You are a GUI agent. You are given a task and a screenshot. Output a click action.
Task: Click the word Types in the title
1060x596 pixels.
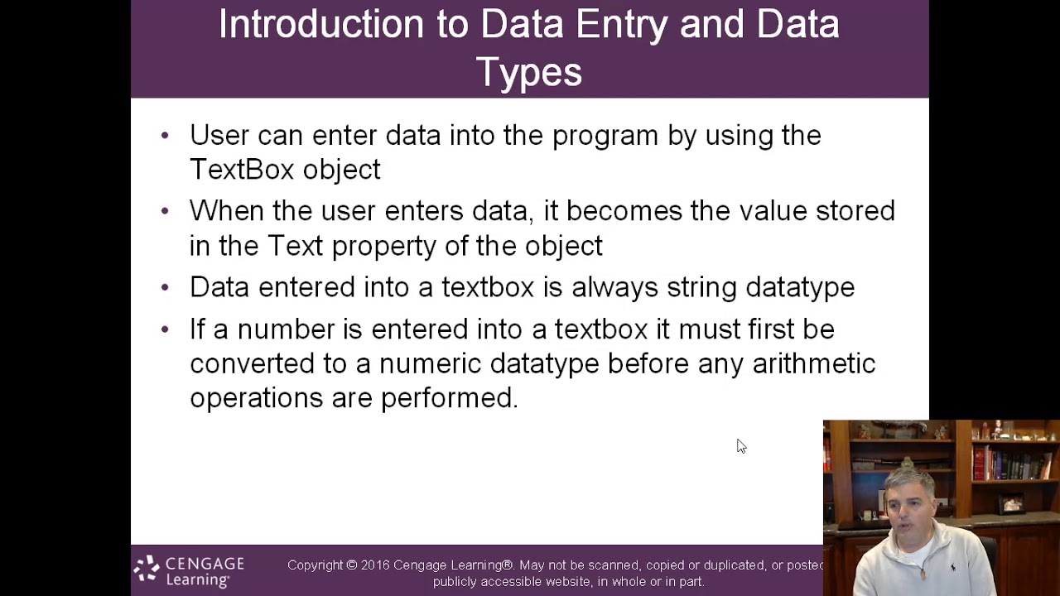[x=529, y=72]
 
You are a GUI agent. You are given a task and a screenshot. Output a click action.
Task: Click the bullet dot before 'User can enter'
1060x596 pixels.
[x=165, y=135]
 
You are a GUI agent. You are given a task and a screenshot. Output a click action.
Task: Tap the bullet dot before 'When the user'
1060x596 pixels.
[x=165, y=211]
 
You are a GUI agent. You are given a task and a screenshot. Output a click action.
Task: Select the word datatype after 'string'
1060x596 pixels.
[x=799, y=287]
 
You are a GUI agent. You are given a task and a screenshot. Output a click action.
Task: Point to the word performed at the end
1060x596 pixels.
[x=448, y=398]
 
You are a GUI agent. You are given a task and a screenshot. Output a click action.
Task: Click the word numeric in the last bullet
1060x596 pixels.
[x=430, y=363]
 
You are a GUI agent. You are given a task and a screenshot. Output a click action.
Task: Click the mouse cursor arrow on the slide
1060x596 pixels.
[x=740, y=446]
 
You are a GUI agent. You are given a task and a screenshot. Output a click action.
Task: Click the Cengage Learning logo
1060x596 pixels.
[x=189, y=571]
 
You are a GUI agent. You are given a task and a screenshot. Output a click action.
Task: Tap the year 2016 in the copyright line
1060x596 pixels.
[x=374, y=565]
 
